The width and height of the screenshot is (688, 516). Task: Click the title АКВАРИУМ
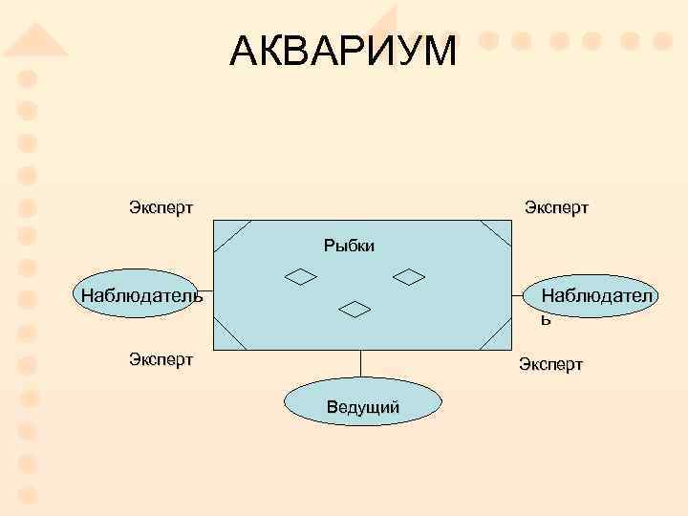(343, 52)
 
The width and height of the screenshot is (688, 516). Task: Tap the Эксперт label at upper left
(161, 206)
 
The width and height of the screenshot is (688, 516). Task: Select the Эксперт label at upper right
(556, 207)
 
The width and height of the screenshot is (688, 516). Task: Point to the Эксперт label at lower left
(161, 359)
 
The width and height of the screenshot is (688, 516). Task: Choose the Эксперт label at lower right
(550, 364)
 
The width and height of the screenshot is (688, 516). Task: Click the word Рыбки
(349, 247)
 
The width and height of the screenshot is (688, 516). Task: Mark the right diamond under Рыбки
(409, 277)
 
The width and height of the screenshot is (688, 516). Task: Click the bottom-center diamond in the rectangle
(355, 309)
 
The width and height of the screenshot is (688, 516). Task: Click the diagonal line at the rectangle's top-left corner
(233, 236)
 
